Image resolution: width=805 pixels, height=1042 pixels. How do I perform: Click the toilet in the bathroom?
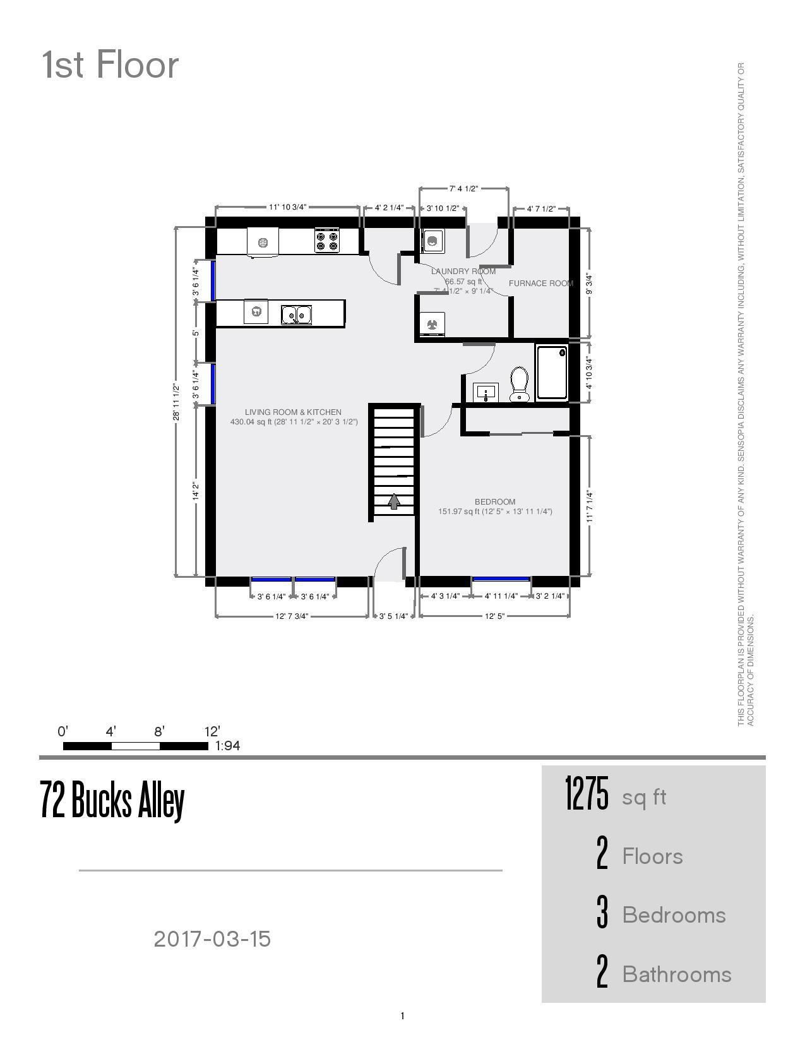[x=519, y=384]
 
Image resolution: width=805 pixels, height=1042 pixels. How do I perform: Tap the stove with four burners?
[x=327, y=241]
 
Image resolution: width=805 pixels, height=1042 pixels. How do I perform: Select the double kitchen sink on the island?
[x=296, y=314]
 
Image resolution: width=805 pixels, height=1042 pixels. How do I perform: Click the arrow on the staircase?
[x=394, y=501]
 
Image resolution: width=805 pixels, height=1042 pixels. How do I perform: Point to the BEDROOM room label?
[x=495, y=502]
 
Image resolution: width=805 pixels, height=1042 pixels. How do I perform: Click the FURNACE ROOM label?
[x=540, y=284]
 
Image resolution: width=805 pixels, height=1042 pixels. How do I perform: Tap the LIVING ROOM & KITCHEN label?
[x=293, y=412]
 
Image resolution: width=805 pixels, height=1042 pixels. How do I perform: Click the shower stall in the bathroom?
[x=552, y=373]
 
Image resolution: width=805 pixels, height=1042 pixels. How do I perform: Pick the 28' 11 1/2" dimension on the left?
[x=177, y=402]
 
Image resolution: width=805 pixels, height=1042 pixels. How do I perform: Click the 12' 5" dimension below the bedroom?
[x=495, y=616]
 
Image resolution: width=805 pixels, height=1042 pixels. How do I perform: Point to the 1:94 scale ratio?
[x=227, y=746]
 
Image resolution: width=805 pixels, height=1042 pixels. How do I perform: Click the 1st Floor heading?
[x=110, y=65]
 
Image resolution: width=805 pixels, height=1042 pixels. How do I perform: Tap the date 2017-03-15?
[x=212, y=939]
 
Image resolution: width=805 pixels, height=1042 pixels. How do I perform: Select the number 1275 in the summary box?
[x=587, y=794]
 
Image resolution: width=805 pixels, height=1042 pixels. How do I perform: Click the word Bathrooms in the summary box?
[x=677, y=974]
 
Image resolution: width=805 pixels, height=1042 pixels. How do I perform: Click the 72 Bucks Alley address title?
[x=112, y=800]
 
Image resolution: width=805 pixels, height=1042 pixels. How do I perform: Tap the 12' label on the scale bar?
[x=212, y=732]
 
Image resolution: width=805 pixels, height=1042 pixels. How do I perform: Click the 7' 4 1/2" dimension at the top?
[x=464, y=189]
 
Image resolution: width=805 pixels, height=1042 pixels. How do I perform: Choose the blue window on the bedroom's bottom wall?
[x=501, y=578]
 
